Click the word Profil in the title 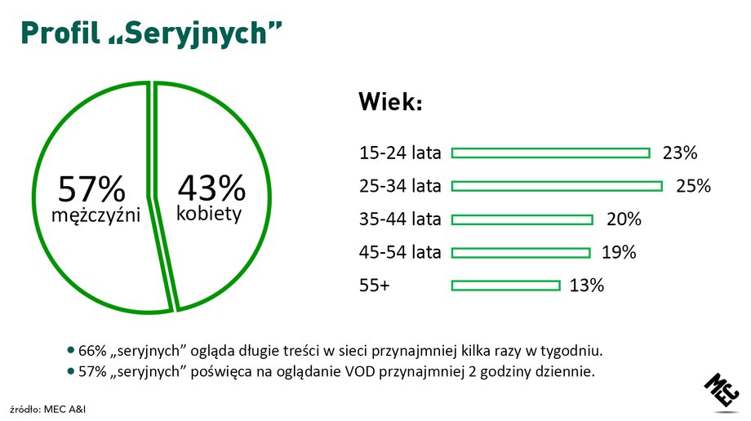(x=60, y=33)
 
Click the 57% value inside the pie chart (x=91, y=188)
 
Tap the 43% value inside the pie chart (x=211, y=188)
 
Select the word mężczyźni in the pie (x=96, y=215)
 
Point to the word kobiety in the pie (x=209, y=213)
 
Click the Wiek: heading (x=390, y=101)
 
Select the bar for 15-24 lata (x=551, y=153)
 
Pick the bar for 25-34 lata (x=557, y=186)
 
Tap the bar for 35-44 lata (x=522, y=219)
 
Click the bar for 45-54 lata (x=521, y=253)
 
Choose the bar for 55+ (x=506, y=286)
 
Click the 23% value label (x=680, y=153)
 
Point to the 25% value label (x=693, y=186)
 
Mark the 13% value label (x=587, y=286)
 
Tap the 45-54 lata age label (x=400, y=252)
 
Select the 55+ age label (x=375, y=286)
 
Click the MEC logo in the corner (x=722, y=392)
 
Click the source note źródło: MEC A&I (x=48, y=410)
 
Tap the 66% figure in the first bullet (x=92, y=351)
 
